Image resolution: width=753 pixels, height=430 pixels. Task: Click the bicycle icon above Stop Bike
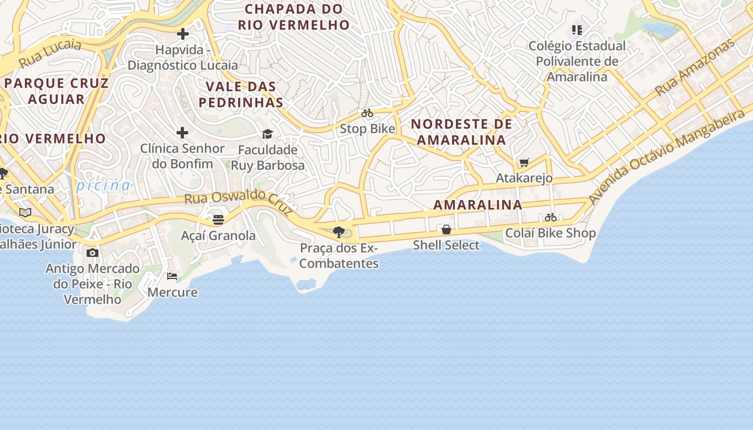pos(367,113)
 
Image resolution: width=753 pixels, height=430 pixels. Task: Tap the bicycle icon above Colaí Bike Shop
pos(550,218)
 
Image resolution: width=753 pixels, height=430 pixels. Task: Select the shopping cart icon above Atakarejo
pos(524,162)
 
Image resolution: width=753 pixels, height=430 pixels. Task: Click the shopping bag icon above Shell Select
pos(446,230)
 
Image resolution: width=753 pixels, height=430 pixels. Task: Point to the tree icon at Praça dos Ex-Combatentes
pos(339,232)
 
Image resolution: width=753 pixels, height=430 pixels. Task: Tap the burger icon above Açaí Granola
pos(218,220)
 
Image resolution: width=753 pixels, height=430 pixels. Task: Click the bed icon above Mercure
pos(172,276)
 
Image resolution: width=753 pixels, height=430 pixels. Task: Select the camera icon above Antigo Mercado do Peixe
pos(93,253)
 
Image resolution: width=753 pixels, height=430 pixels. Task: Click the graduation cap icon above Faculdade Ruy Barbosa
pos(267,134)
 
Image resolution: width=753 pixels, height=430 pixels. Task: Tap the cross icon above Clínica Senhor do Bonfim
pos(182,133)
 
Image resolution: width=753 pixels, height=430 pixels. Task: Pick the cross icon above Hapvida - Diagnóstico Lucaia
pos(183,34)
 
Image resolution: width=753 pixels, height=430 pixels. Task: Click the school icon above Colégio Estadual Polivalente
pos(577,30)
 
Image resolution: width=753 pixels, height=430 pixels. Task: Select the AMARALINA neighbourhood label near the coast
pos(478,205)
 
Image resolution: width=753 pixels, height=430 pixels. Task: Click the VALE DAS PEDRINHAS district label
pos(241,94)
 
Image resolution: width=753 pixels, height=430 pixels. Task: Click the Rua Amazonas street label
pos(694,68)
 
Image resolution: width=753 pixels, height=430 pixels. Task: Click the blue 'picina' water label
pos(103,186)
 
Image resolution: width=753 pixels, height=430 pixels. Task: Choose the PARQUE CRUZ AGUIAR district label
pos(56,91)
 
